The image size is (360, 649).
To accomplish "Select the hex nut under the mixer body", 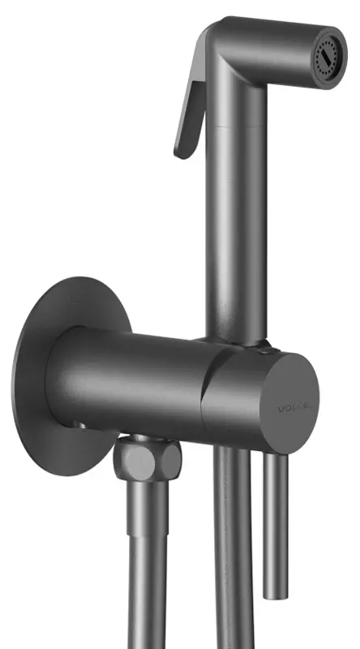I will click(142, 462).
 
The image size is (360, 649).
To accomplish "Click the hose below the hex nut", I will click(147, 568).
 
